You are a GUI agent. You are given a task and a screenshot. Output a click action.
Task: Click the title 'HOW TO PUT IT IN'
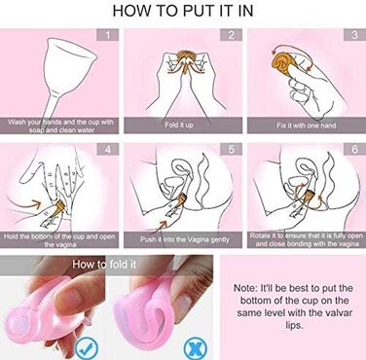click(x=183, y=11)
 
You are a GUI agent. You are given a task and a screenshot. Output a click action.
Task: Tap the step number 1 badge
click(x=108, y=35)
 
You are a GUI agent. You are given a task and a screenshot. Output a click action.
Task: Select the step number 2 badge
click(x=231, y=35)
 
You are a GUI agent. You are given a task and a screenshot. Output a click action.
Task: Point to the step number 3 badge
click(x=354, y=35)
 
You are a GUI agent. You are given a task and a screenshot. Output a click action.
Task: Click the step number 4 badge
click(x=108, y=149)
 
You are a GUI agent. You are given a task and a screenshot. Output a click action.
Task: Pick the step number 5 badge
click(x=231, y=149)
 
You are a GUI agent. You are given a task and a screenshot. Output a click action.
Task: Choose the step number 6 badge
click(x=354, y=149)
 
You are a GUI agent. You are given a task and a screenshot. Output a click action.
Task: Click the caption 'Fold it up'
click(x=179, y=125)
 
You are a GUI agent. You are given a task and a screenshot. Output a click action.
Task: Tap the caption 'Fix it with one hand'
click(x=306, y=125)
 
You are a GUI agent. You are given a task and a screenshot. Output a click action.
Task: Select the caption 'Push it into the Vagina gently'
click(x=185, y=239)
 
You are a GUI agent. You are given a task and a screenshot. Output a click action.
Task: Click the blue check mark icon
click(x=87, y=347)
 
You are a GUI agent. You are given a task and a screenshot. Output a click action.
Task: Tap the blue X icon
click(x=195, y=347)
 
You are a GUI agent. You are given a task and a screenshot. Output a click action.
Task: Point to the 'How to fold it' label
click(x=104, y=264)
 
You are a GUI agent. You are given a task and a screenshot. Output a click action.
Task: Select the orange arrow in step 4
click(x=33, y=204)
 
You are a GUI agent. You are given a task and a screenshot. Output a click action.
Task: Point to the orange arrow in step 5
click(x=163, y=225)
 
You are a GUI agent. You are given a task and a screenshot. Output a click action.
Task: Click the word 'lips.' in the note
click(x=294, y=325)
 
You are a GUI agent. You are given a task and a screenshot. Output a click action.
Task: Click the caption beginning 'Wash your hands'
click(x=60, y=126)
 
